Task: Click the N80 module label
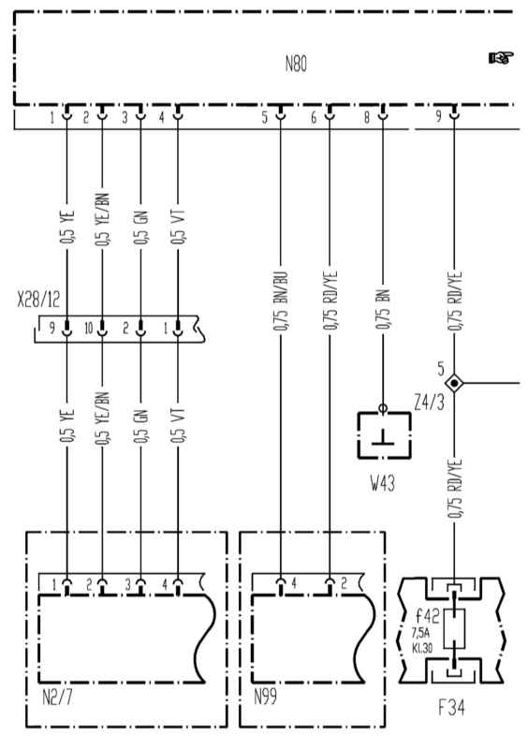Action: [296, 64]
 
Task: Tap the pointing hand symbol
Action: [500, 58]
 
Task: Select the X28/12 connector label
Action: [38, 300]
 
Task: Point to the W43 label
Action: [383, 483]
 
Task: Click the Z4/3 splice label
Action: [429, 404]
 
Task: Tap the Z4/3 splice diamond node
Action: [453, 383]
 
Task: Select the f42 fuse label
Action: [427, 616]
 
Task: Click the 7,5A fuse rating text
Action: [420, 634]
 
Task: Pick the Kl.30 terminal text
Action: [422, 649]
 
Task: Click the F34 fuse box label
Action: [451, 708]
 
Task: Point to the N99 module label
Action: [265, 698]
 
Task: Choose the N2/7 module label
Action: [57, 698]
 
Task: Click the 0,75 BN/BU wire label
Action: [281, 301]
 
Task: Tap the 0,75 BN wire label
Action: [383, 309]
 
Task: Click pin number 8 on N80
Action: [367, 118]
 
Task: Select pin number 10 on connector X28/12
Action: [89, 329]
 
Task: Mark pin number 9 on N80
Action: [439, 116]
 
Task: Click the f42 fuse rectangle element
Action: [453, 628]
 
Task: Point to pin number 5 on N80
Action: [265, 118]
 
